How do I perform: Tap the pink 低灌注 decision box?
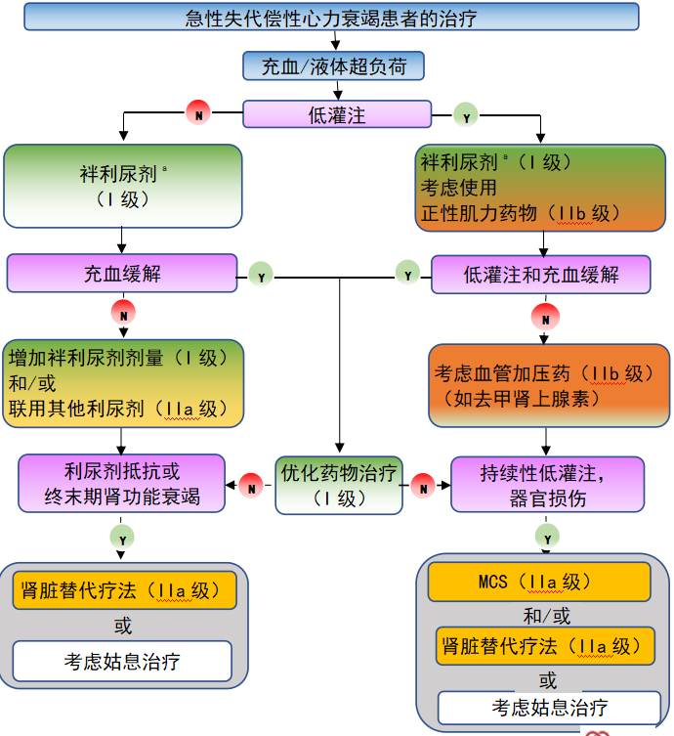point(336,114)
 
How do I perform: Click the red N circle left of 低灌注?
point(198,114)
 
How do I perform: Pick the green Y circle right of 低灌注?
point(466,115)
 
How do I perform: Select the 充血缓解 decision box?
point(122,274)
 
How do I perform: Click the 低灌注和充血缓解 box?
point(540,275)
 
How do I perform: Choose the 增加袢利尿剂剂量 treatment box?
point(123,383)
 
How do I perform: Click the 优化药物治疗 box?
point(339,485)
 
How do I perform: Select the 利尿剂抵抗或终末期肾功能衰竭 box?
point(122,483)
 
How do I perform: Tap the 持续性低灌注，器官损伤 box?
point(547,484)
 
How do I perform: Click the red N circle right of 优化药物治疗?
point(423,485)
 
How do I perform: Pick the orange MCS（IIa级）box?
point(538,582)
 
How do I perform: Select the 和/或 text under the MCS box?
point(547,616)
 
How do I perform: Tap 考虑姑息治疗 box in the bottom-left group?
point(122,662)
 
